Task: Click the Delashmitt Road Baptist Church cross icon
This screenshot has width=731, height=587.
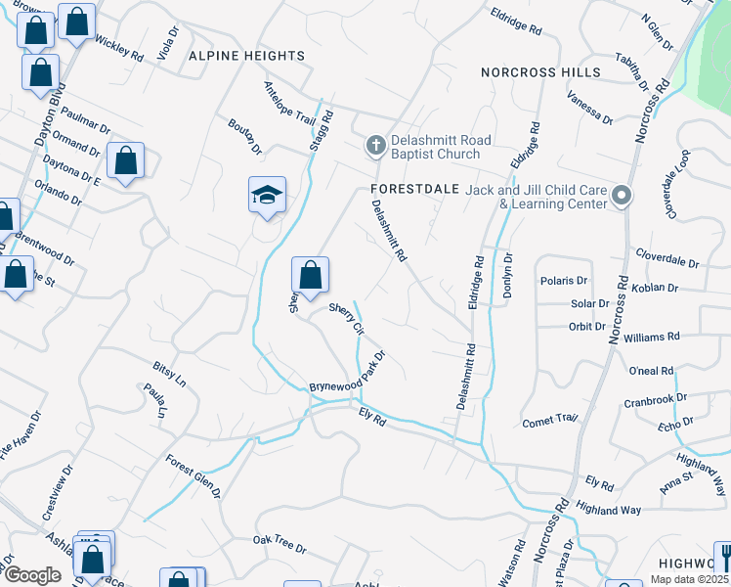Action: click(373, 147)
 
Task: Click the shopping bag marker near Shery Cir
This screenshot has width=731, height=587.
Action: click(310, 276)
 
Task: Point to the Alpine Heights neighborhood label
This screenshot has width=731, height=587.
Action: click(247, 57)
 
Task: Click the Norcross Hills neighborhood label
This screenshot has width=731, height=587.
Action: click(534, 72)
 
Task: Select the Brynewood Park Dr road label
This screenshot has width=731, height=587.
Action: click(349, 373)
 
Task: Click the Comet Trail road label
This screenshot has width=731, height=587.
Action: click(550, 421)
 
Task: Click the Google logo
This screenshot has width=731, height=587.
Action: click(33, 575)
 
